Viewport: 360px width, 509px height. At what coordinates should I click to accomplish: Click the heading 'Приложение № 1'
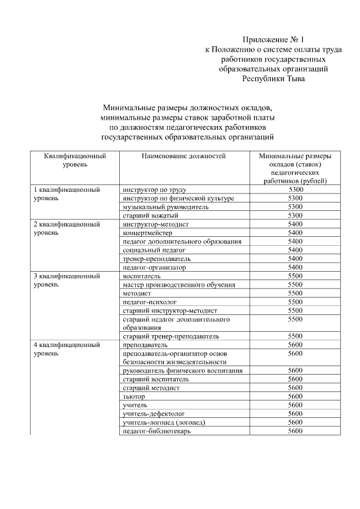coord(273,39)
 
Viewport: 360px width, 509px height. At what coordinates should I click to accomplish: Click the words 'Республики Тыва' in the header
coord(273,79)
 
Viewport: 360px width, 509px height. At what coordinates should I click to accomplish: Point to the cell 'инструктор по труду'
coord(154,190)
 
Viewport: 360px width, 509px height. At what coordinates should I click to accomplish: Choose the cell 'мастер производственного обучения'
coord(179,285)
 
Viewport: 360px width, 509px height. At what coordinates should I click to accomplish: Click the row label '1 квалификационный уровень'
coord(67,194)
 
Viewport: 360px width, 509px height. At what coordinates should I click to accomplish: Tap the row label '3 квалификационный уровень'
coord(67,281)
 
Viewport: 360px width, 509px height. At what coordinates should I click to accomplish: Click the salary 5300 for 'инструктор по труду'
coord(295,190)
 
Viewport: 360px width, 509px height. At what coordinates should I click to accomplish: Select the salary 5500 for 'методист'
coord(295,294)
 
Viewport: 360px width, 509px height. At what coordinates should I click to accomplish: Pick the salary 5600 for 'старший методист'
coord(295,388)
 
